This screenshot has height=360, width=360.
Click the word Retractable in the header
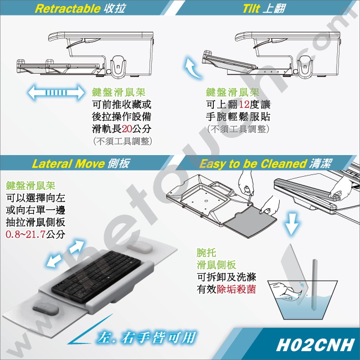tap(68, 9)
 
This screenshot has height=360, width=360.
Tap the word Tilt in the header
tap(251, 9)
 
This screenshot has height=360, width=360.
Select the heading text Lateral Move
tap(69, 164)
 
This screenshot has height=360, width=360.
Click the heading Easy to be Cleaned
tap(253, 164)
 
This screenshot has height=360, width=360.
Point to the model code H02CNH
tap(315, 344)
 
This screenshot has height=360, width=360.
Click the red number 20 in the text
tap(127, 129)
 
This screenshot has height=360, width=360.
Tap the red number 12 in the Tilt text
tap(244, 105)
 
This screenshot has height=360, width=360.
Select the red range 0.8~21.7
tap(25, 234)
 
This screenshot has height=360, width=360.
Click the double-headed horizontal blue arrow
tap(56, 92)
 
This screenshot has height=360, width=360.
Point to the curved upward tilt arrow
tap(191, 68)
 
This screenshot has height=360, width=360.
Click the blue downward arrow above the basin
tap(291, 223)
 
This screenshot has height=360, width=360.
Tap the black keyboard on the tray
tap(96, 276)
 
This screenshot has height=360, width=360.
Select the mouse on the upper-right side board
tap(140, 247)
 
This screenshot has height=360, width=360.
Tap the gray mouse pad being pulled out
tap(250, 221)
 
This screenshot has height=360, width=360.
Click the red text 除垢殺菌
tap(236, 289)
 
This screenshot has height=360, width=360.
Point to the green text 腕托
tap(207, 253)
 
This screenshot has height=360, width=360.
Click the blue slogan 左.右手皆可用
tap(146, 338)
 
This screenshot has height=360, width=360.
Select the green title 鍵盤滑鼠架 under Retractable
tap(119, 92)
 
